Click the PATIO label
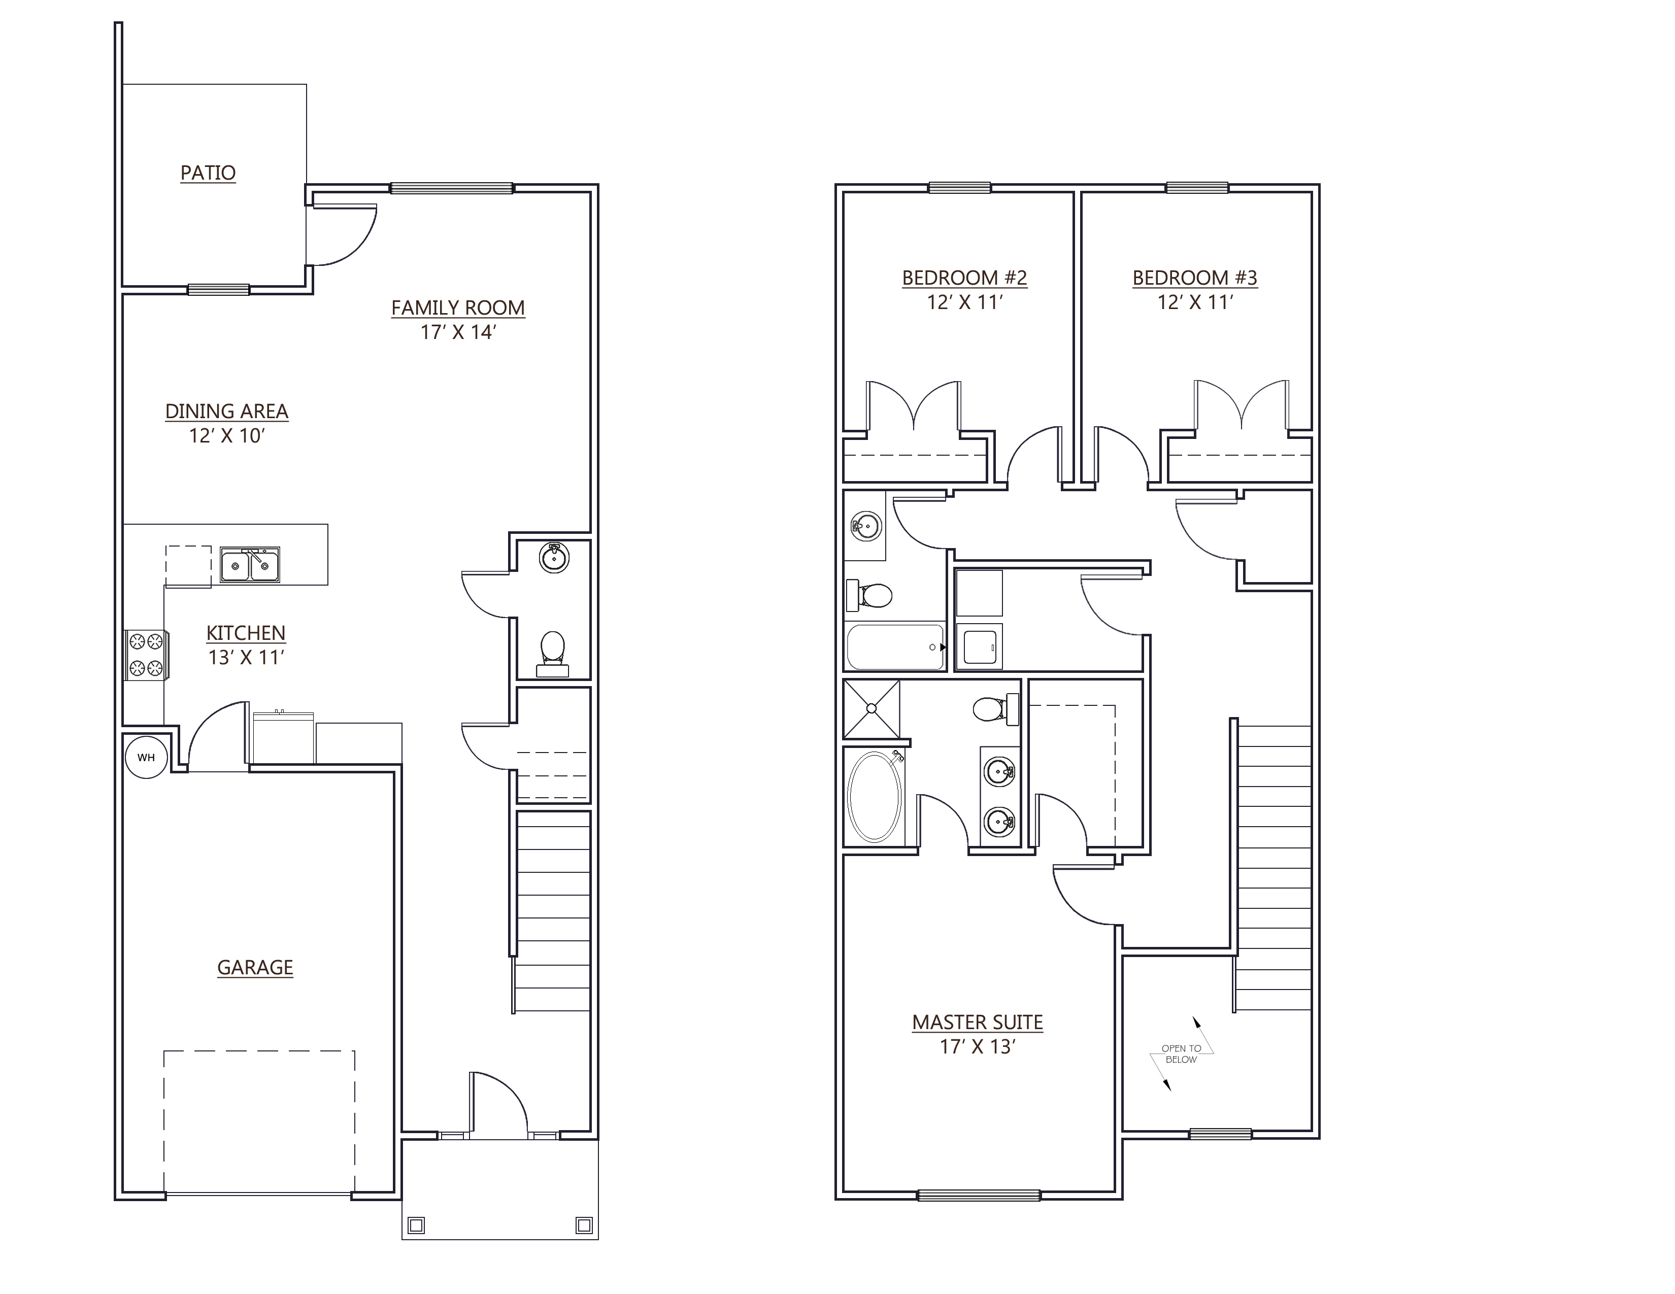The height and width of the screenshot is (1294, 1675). pos(208,173)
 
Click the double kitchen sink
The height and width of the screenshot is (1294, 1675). pos(250,565)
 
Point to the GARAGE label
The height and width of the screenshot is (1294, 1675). pos(255,967)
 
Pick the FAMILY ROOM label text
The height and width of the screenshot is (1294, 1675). pos(458,308)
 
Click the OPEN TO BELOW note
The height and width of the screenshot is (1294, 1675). pos(1181,1054)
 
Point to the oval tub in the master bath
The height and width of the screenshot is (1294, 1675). pos(875,797)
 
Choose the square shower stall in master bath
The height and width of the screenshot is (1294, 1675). pos(871,709)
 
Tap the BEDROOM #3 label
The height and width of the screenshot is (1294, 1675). pos(1195,278)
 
